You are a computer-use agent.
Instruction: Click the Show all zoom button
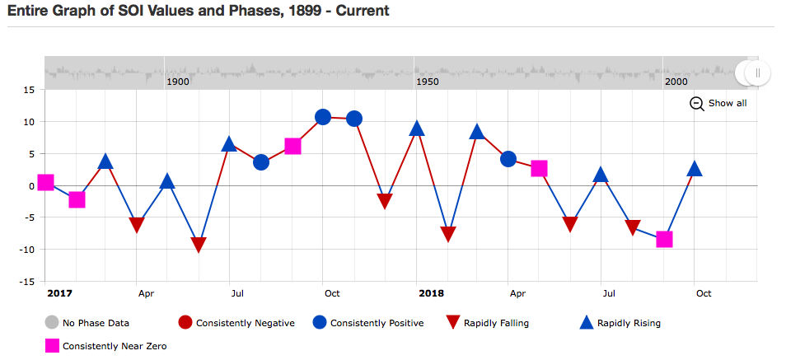point(718,103)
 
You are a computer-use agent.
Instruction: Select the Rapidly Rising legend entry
point(620,323)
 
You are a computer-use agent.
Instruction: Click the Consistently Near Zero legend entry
point(105,345)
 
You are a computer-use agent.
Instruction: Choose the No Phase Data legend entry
point(87,323)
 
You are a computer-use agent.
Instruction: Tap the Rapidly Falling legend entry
point(487,323)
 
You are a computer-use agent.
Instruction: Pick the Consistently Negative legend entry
point(236,323)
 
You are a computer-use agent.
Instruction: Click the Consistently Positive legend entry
point(368,323)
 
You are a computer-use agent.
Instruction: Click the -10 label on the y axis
point(26,249)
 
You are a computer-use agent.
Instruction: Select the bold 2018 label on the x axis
point(431,293)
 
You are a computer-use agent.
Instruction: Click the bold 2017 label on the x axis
point(59,293)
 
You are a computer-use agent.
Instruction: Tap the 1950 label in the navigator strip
point(427,82)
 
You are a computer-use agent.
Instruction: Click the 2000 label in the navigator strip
point(676,82)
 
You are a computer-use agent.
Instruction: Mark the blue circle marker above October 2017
point(323,117)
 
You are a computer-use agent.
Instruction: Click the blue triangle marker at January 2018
point(417,129)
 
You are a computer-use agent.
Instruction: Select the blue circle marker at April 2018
point(508,159)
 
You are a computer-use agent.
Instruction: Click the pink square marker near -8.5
point(664,240)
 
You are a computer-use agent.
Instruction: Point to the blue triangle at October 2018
point(695,169)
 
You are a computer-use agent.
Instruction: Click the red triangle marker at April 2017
point(136,225)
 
